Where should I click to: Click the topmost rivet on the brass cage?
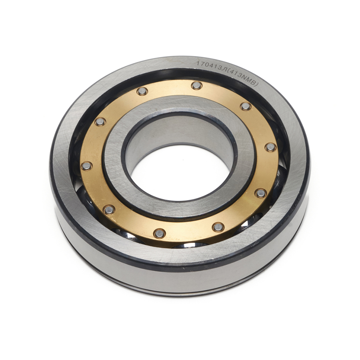click(x=196, y=86)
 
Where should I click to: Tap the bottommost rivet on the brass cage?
click(x=159, y=234)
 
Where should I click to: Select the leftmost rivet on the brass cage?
click(x=86, y=166)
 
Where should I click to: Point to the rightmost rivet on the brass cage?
click(x=270, y=147)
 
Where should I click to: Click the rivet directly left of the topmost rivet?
click(x=142, y=91)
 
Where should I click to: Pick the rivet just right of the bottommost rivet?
click(x=218, y=227)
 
